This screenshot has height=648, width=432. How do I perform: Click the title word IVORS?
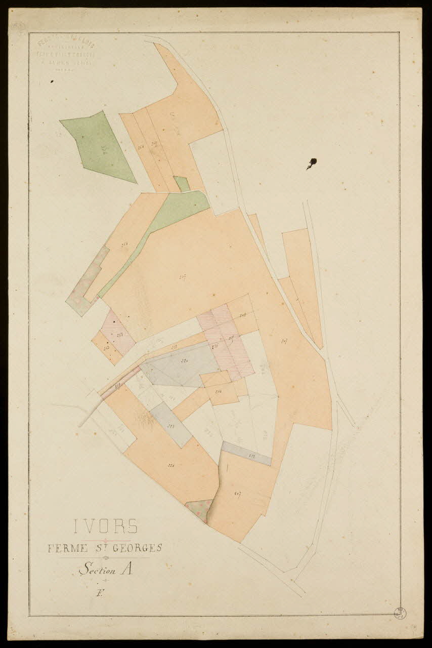(x=106, y=526)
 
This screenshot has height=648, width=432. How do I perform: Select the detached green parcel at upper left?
(x=99, y=147)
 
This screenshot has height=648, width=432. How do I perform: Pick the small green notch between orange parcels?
(x=182, y=183)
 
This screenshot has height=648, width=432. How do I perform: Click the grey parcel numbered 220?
(x=182, y=364)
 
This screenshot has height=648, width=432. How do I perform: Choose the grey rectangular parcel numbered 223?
(x=170, y=424)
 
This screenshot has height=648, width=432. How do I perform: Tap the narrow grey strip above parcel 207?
(x=247, y=453)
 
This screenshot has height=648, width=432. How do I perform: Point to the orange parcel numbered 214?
(x=221, y=390)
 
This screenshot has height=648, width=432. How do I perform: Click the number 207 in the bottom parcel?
(x=237, y=493)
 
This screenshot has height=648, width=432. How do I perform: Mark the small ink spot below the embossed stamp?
(x=52, y=80)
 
